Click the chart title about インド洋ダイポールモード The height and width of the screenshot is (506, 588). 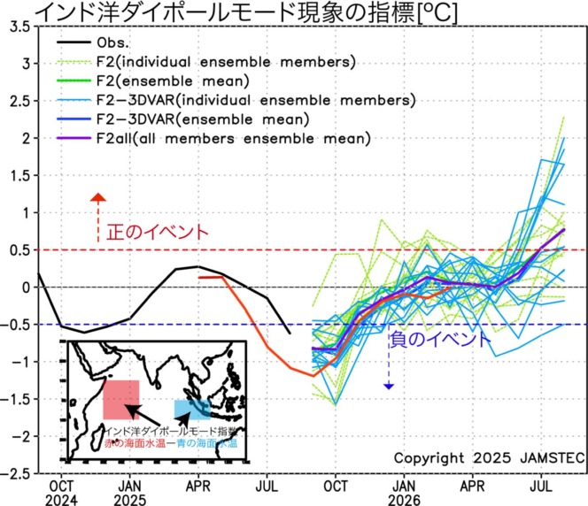(221, 12)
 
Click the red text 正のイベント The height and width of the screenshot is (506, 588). (158, 233)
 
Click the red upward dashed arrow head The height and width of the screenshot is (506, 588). (98, 199)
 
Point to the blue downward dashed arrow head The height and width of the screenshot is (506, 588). (388, 385)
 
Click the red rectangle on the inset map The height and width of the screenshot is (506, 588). (121, 400)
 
